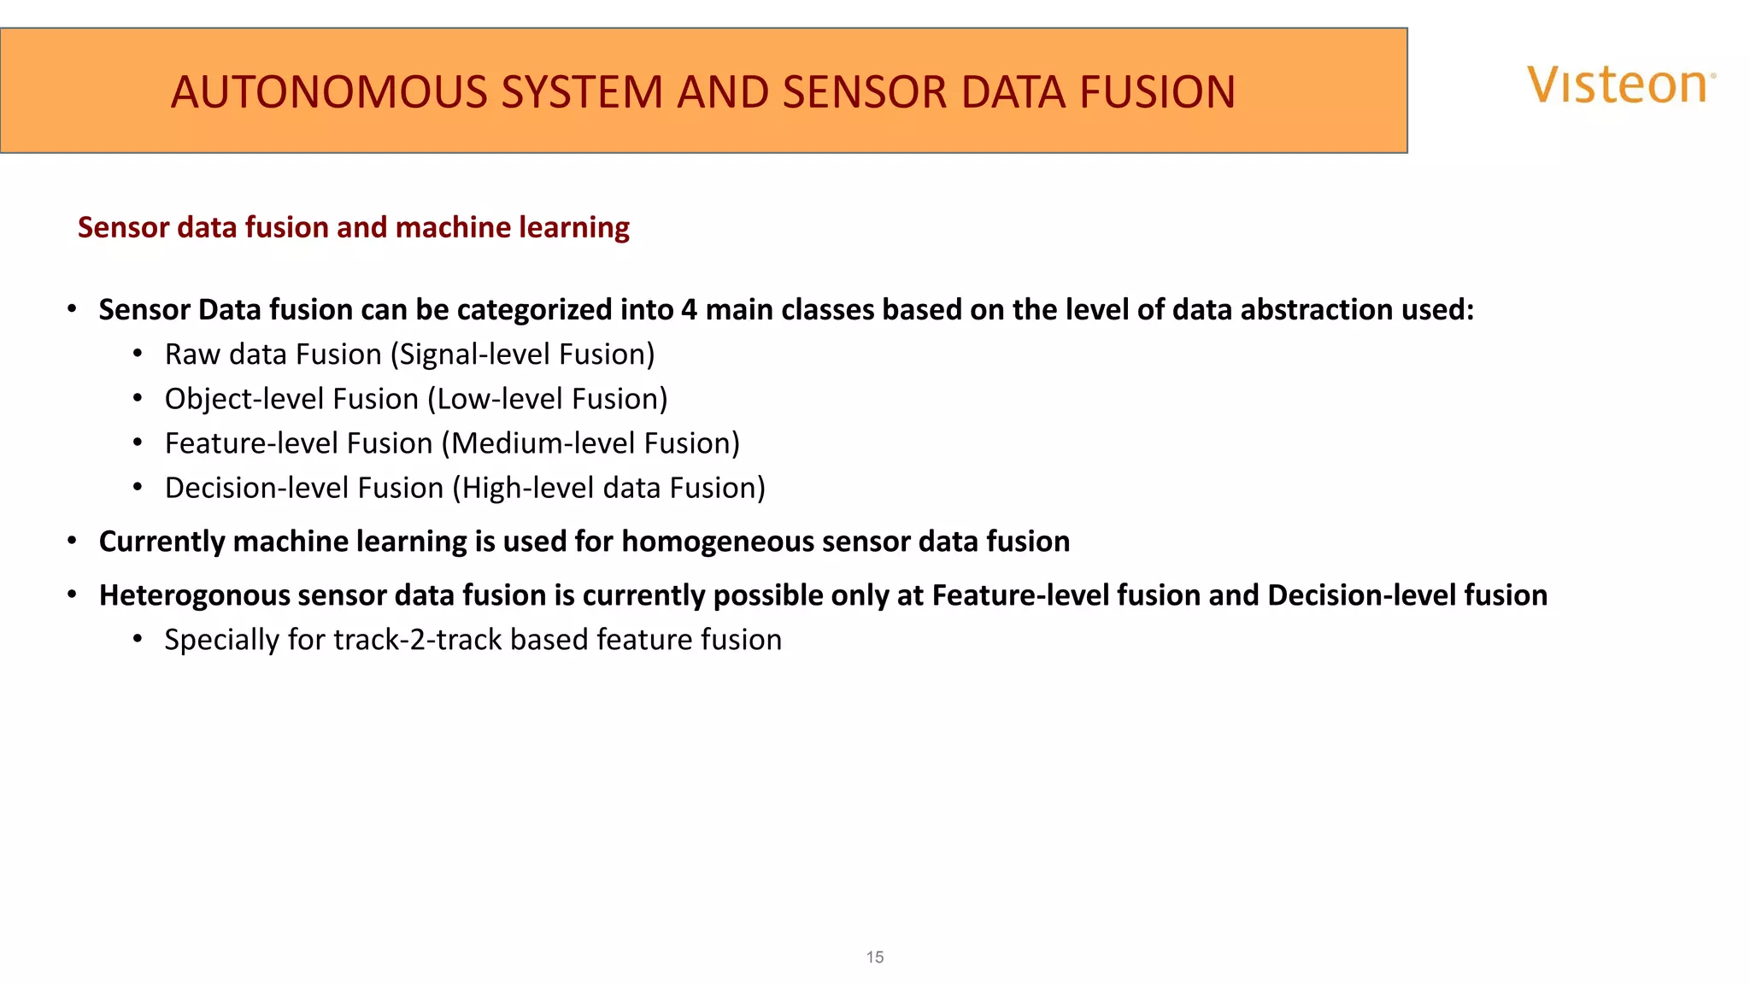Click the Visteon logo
[x=1620, y=85]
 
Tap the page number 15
[x=874, y=957]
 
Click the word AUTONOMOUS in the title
[x=331, y=92]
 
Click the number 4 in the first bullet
[x=689, y=309]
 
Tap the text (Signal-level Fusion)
[x=522, y=354]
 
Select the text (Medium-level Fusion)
[x=590, y=443]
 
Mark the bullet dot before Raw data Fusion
[x=138, y=354]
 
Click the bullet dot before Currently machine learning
[x=73, y=541]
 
